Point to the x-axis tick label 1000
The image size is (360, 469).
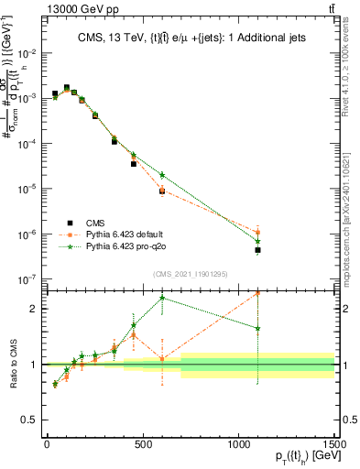click(x=239, y=443)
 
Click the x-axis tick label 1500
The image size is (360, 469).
click(x=334, y=443)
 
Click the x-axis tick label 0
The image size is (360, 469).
click(x=47, y=443)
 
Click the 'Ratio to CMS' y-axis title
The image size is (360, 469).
click(x=11, y=364)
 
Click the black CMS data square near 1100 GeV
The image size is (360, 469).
click(x=258, y=250)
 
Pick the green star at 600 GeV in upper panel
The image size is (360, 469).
click(x=162, y=175)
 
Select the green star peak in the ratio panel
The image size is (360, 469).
click(x=162, y=298)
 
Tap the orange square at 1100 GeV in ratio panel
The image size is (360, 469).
click(x=258, y=293)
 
